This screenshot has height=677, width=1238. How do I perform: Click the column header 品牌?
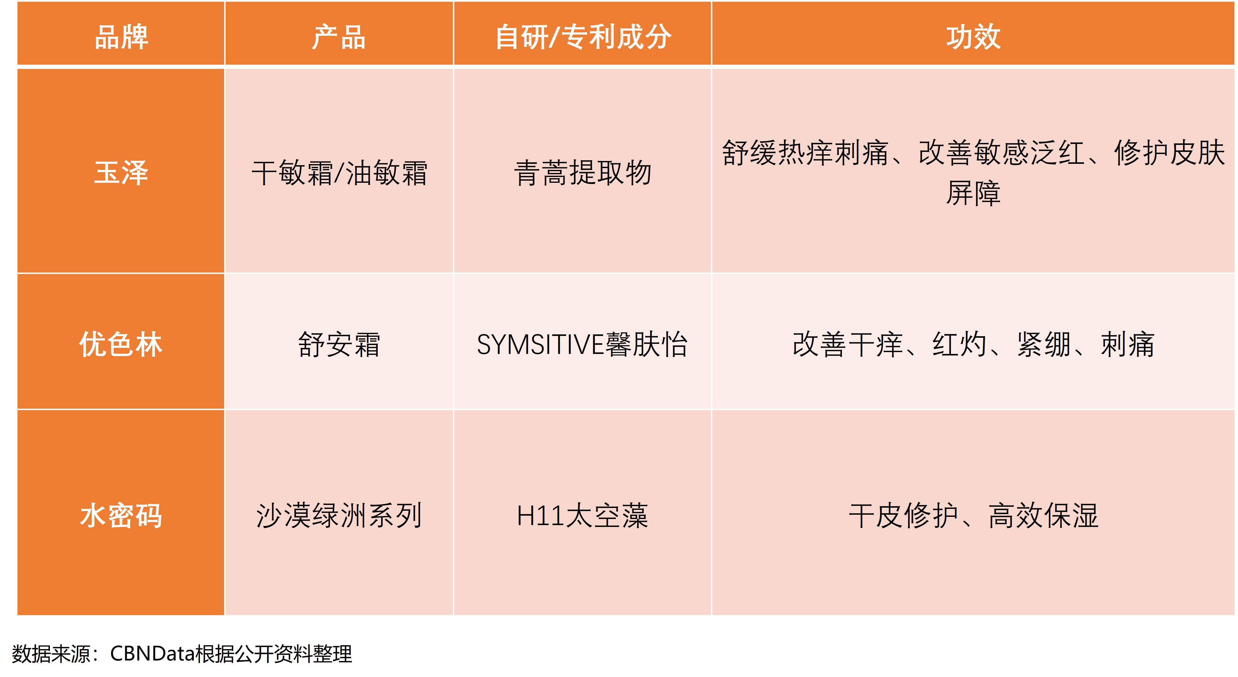click(x=121, y=37)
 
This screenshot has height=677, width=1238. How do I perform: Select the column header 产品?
click(x=339, y=37)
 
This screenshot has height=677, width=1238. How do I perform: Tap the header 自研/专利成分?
click(x=583, y=37)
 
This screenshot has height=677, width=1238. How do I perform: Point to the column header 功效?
click(x=973, y=37)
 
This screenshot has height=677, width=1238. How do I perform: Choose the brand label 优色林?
click(x=121, y=344)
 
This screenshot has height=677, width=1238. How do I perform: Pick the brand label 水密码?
click(x=121, y=516)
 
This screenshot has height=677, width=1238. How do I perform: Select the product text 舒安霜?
click(x=339, y=344)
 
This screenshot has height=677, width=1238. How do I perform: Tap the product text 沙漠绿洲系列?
click(x=339, y=516)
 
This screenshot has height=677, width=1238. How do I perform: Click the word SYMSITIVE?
click(x=540, y=344)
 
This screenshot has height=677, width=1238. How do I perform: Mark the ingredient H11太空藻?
click(x=583, y=516)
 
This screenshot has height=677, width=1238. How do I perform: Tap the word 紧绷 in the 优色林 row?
click(x=1044, y=344)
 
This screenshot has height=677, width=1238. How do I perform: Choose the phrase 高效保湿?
click(x=1043, y=516)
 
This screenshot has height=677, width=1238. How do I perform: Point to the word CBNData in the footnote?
click(x=152, y=653)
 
